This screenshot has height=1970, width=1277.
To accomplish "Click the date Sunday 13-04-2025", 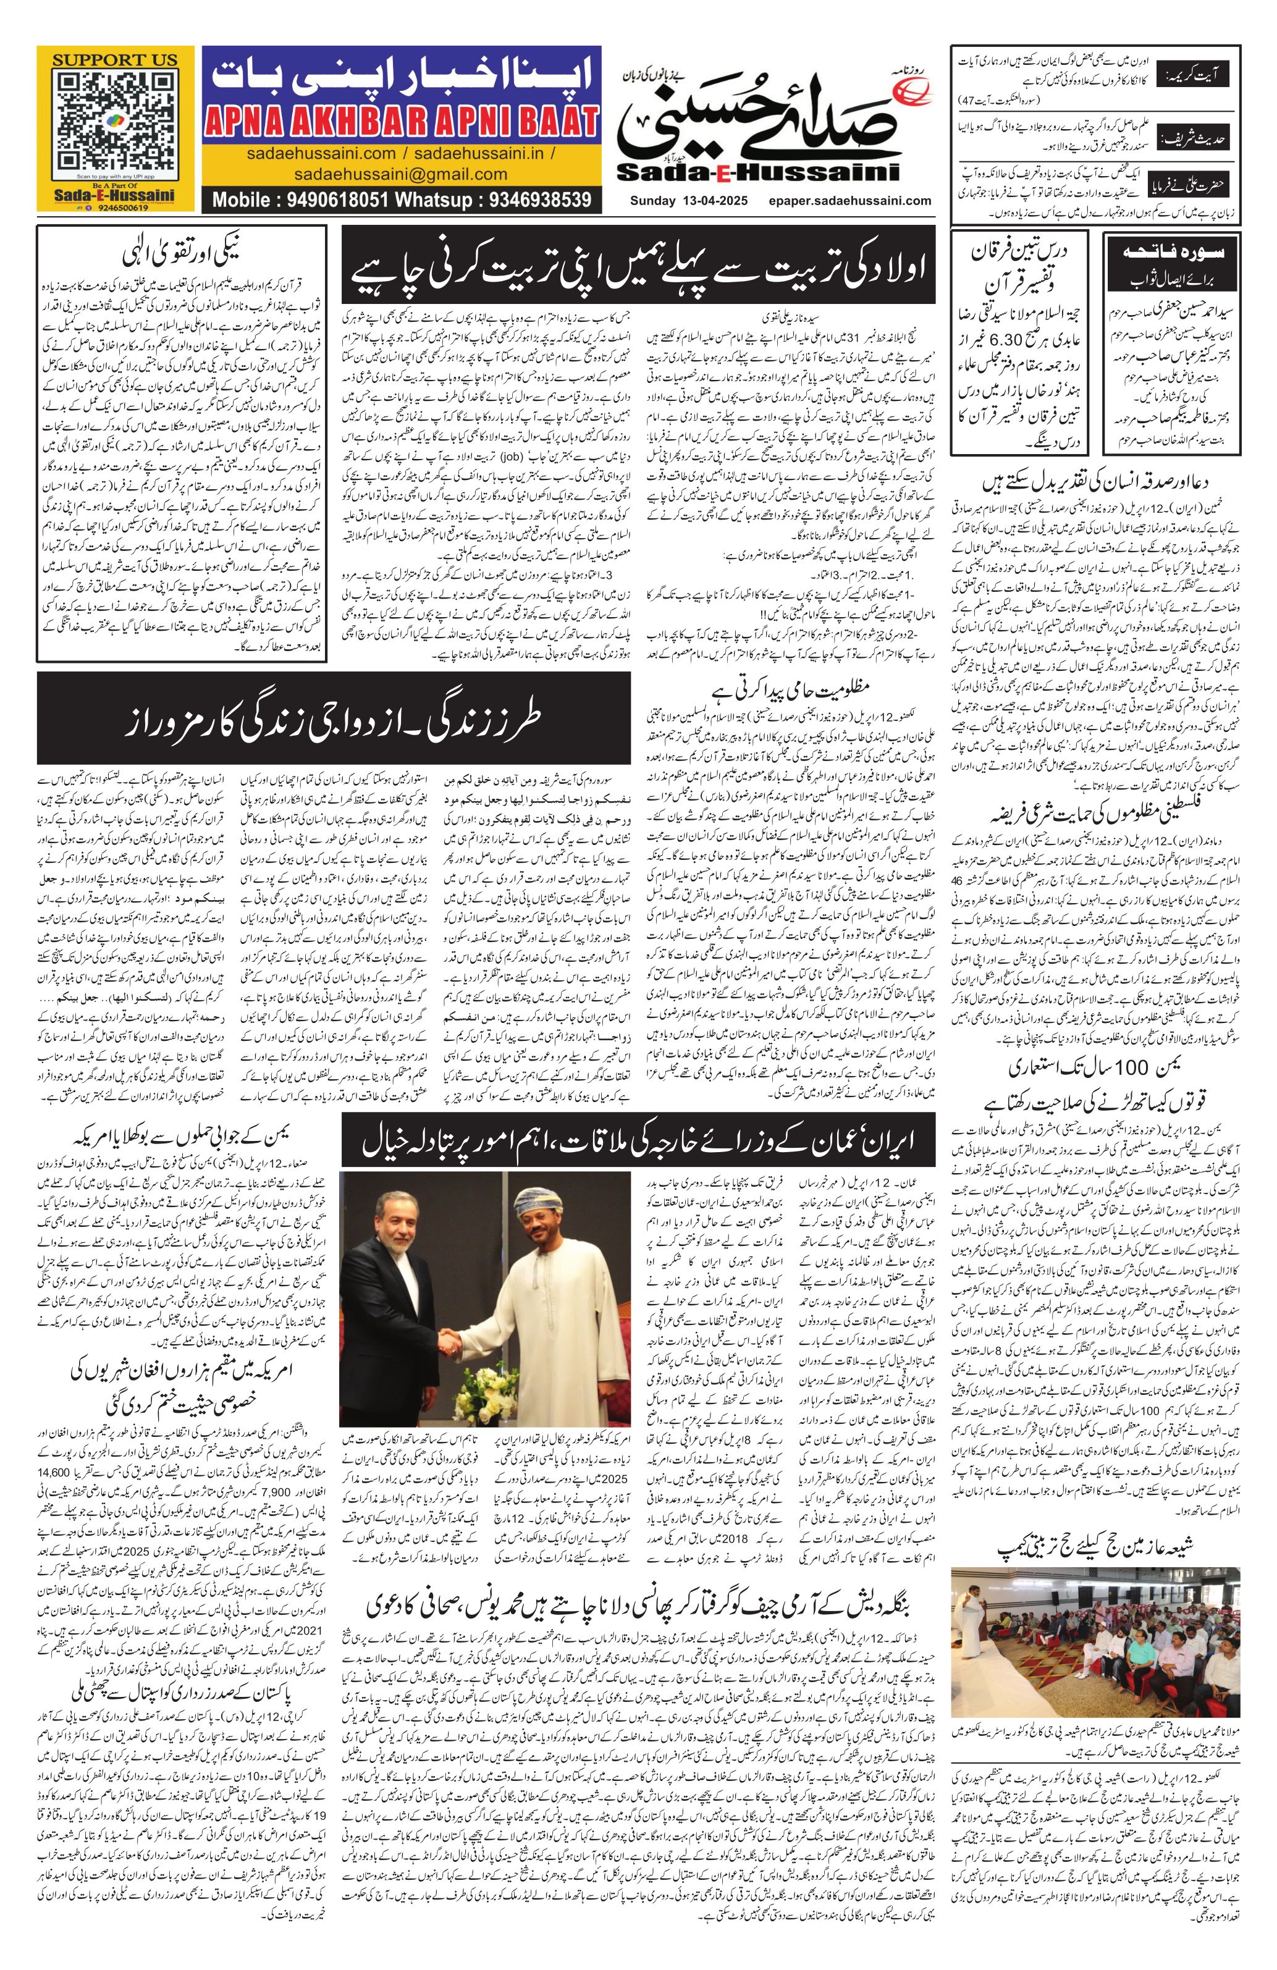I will (x=682, y=200).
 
